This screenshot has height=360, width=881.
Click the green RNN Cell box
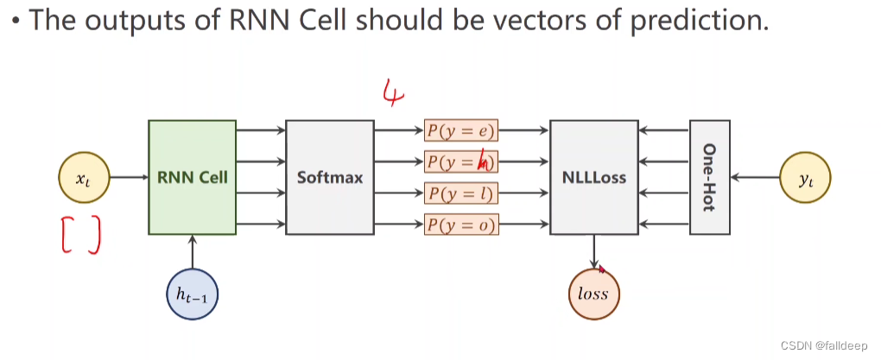click(x=192, y=177)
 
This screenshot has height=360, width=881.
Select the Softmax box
click(x=329, y=177)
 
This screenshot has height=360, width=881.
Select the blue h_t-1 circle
click(x=192, y=295)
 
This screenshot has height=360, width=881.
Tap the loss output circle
click(x=593, y=294)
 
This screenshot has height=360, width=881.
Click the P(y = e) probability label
click(x=461, y=130)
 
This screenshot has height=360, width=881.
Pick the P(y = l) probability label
click(x=461, y=193)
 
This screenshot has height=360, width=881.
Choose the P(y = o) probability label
click(x=461, y=225)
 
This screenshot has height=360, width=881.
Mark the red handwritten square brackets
click(x=81, y=235)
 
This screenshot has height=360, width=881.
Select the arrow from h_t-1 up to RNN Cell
click(x=192, y=252)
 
